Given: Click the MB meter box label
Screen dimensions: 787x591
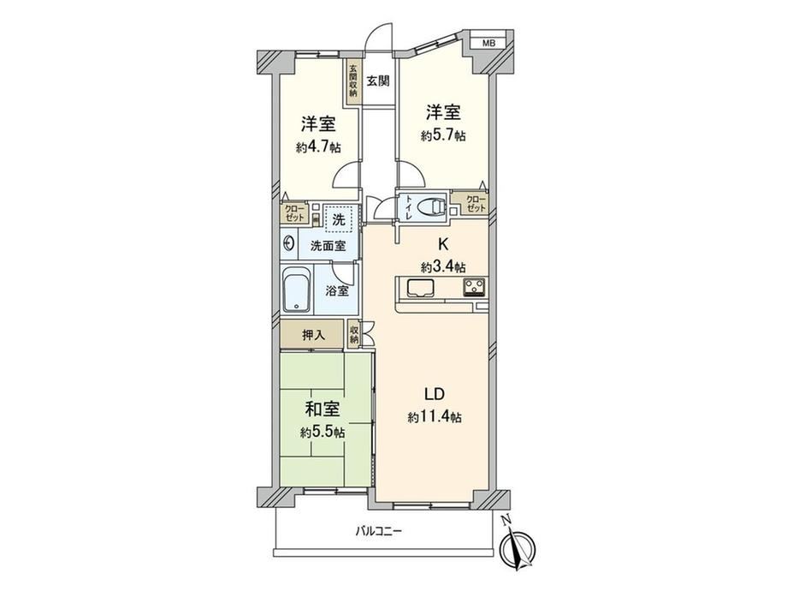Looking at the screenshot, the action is point(488,43).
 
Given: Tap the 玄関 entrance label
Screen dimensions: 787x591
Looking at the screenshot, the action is point(377,81).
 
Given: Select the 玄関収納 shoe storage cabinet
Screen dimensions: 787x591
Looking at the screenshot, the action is point(353,81).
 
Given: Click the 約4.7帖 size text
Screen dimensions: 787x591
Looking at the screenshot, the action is point(319,147).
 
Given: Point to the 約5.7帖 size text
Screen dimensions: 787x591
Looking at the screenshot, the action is point(443,135).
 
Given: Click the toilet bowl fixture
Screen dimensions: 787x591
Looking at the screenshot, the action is point(431,206).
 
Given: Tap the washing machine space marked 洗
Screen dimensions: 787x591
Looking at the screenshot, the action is point(340,219).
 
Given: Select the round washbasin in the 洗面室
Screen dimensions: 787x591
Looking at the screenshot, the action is point(289,245).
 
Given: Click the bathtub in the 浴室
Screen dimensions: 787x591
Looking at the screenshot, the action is point(298,290).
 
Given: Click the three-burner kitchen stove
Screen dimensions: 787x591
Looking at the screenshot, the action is point(474,287).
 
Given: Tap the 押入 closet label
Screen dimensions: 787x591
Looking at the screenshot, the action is point(313,335).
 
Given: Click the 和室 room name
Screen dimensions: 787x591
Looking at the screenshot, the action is point(322,409).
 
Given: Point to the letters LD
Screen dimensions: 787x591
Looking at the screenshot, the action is point(435,394).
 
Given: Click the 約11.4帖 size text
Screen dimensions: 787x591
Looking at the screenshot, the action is point(435,417).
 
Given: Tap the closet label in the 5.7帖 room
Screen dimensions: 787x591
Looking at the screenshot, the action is point(476,204).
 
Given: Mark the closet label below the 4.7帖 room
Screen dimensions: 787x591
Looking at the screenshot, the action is point(294,213).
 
